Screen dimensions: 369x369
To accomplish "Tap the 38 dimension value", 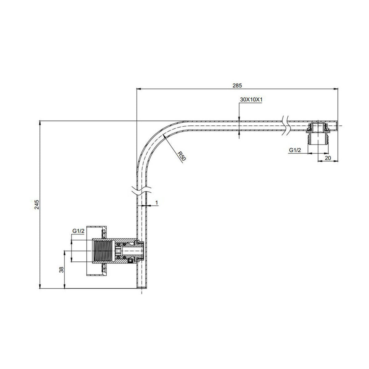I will (x=61, y=270).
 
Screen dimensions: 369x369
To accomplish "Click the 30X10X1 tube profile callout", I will (x=251, y=99).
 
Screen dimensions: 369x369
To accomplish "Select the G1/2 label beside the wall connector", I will (x=78, y=231).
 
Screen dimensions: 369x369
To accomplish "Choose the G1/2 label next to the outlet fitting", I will (x=295, y=150).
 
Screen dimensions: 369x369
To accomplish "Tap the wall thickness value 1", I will (x=156, y=203).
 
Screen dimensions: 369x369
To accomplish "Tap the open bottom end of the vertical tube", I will (x=141, y=289).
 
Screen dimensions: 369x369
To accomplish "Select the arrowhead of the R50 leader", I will (x=165, y=136).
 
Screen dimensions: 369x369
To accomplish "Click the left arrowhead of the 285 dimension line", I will (x=138, y=89).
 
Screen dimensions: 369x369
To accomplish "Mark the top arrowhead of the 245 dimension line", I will (x=40, y=123).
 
